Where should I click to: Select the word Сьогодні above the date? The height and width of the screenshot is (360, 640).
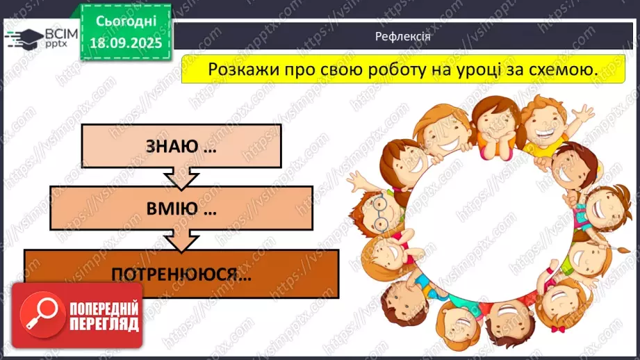point(126,22)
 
